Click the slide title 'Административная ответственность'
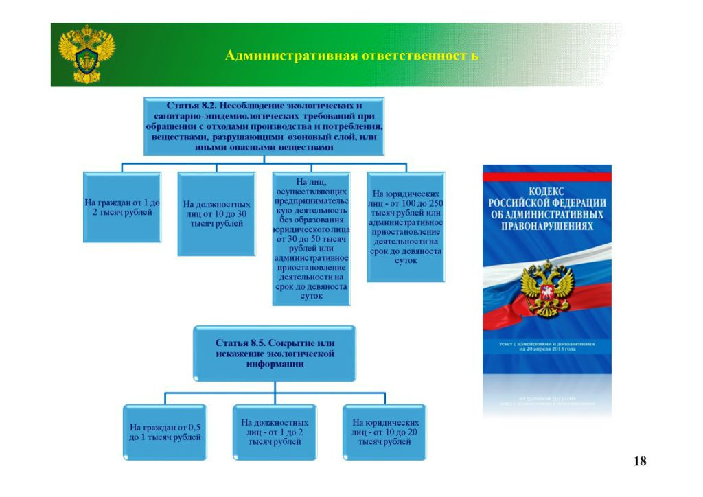pos(351,56)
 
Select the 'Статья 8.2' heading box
pos(264,126)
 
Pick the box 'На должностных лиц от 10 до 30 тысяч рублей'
pos(217,214)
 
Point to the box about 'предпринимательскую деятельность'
pos(311,238)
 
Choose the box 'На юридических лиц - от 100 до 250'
pos(406,227)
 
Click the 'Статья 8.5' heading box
pos(275,353)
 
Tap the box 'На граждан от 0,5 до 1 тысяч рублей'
pos(165,432)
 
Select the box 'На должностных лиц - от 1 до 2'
pos(275,432)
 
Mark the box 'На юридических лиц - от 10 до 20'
pos(385,432)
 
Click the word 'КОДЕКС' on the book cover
pos(546,192)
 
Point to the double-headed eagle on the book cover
pos(547,288)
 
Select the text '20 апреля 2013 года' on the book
pos(547,349)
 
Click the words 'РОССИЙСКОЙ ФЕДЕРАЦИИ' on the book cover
pos(546,203)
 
